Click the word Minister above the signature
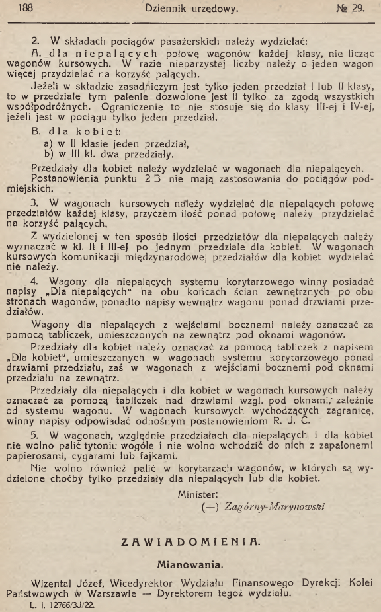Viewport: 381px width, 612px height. (198, 494)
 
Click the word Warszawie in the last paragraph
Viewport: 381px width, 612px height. (114, 593)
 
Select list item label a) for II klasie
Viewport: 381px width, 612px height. (48, 143)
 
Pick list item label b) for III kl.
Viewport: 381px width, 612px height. (48, 154)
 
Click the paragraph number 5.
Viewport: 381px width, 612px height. (35, 436)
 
